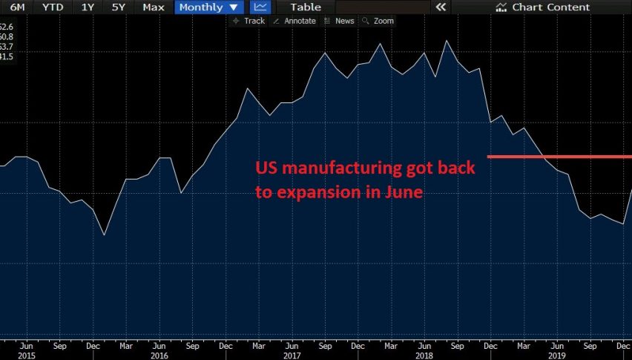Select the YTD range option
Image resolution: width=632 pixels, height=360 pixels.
(52, 7)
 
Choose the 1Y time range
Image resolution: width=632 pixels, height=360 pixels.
(88, 7)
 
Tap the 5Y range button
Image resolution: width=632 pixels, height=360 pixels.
(119, 7)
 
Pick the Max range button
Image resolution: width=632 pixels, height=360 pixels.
(154, 7)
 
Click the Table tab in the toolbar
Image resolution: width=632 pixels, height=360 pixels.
(305, 7)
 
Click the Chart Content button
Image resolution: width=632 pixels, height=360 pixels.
(543, 7)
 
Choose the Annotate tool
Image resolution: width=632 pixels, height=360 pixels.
(294, 21)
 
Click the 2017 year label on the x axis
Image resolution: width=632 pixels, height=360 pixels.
(292, 355)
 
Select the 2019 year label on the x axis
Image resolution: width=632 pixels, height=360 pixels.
(556, 355)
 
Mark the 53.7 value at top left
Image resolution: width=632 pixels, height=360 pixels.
(7, 46)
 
